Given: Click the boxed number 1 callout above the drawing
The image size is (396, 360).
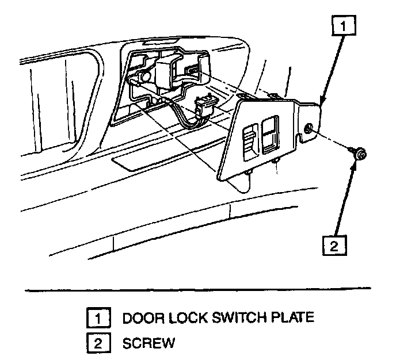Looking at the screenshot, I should click(342, 25).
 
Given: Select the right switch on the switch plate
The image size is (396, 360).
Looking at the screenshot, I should click(269, 133).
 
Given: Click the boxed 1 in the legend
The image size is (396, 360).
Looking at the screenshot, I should click(96, 317).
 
